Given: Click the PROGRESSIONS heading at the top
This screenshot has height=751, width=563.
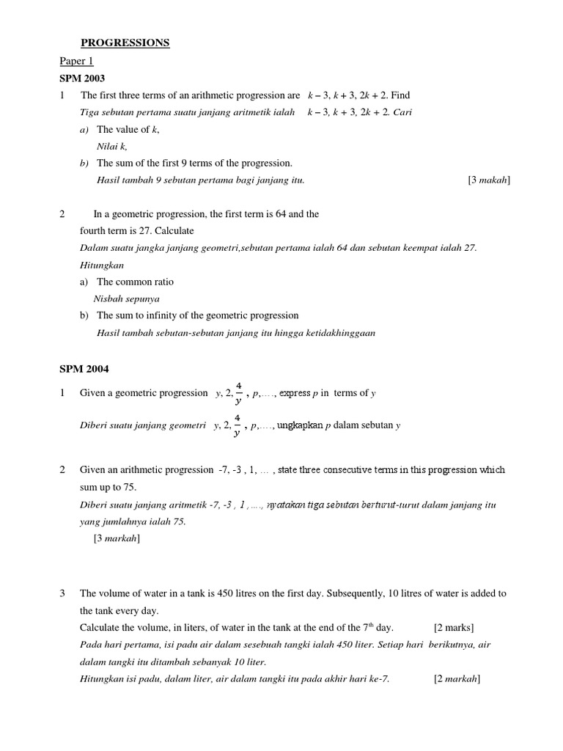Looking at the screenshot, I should click(125, 43).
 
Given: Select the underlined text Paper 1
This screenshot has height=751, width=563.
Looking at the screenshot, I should click(76, 62).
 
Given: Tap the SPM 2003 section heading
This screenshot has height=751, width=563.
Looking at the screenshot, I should click(82, 78).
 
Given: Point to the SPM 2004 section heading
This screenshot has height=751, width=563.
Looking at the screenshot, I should click(82, 369).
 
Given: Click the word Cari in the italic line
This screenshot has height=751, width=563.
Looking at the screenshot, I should click(403, 112).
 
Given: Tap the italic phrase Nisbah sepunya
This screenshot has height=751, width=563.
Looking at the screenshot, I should click(127, 298).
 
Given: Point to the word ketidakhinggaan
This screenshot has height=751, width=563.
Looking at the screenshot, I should click(337, 332).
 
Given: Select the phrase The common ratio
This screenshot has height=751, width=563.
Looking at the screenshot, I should click(135, 282).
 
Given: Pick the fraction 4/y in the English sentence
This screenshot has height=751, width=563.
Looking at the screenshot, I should click(238, 393).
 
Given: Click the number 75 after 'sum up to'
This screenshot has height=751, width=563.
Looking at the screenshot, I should click(130, 487).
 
